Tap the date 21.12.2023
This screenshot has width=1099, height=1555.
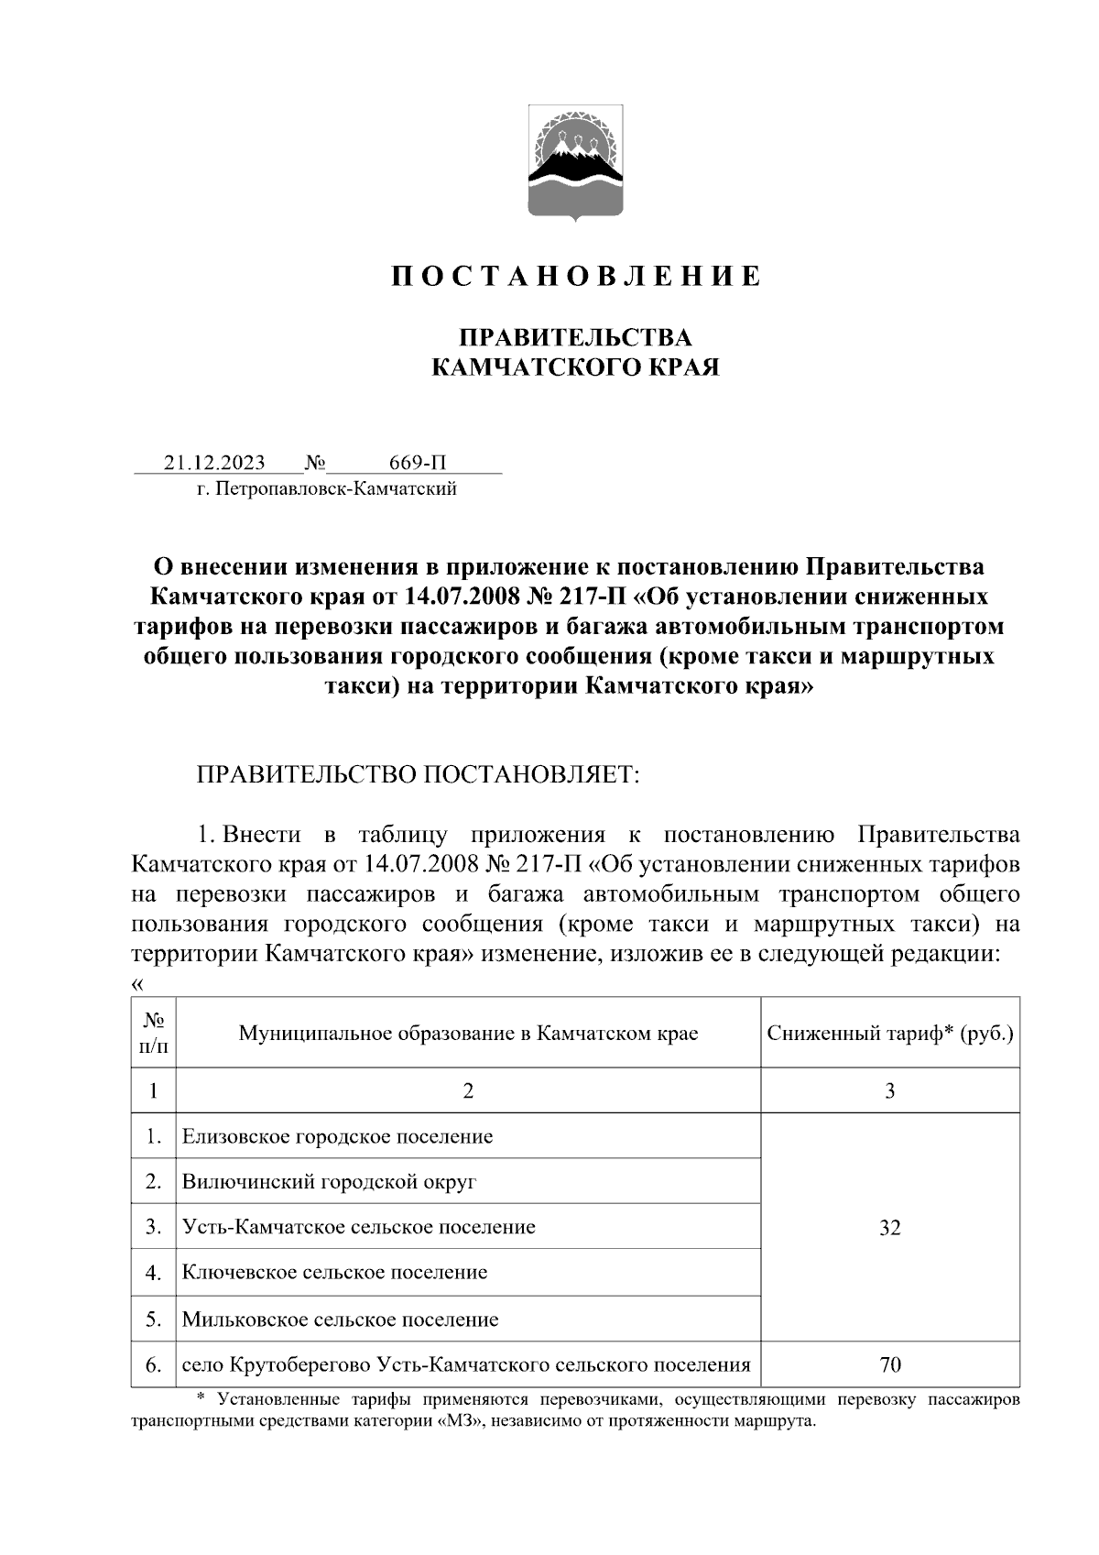214,461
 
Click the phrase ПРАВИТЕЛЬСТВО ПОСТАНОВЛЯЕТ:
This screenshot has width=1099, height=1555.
416,774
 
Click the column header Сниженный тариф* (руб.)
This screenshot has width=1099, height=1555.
890,1034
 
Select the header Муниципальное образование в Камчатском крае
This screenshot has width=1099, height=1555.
468,1034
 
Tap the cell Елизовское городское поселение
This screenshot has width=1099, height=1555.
337,1136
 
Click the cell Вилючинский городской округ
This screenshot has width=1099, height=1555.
329,1181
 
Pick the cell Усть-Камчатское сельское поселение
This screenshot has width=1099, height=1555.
358,1226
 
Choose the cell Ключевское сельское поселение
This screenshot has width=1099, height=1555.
334,1272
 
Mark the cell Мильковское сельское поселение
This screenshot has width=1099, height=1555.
340,1320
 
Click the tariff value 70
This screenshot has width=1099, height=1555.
890,1365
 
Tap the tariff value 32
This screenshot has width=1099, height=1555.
890,1228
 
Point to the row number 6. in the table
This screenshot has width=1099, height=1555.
153,1365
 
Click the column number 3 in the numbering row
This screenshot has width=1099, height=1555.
890,1090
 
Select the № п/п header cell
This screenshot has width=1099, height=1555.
153,1034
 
